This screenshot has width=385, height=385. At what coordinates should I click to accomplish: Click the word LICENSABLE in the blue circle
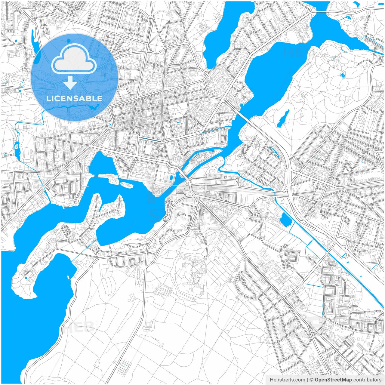click(x=74, y=98)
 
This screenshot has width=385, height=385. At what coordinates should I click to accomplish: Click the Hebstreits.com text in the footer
click(x=287, y=380)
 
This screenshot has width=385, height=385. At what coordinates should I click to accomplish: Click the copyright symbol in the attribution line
click(x=311, y=380)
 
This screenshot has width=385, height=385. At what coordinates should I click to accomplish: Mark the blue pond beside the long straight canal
click(x=285, y=219)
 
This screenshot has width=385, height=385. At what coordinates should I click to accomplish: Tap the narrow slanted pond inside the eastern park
click(x=283, y=118)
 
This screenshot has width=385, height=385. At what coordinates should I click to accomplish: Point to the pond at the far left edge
click(x=17, y=150)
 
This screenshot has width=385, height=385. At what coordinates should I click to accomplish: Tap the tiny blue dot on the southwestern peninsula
click(x=26, y=277)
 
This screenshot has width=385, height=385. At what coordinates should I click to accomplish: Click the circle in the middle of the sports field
click(x=243, y=224)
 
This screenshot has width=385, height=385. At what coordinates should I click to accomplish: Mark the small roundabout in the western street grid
click(x=55, y=151)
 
